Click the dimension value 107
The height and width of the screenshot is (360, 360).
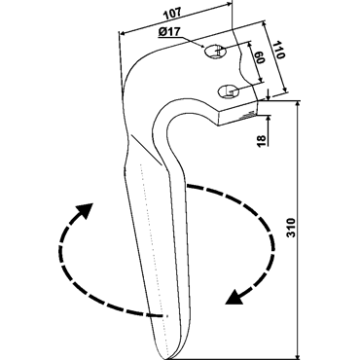coord(172,14)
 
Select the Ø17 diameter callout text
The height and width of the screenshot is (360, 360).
coord(169,32)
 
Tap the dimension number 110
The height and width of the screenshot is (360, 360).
coord(280,50)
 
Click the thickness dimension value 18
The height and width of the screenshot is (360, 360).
coord(262,140)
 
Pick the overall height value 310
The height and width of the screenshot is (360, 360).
coord(292,228)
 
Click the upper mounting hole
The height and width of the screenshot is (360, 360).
coord(215,51)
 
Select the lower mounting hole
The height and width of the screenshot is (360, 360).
coord(228,91)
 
